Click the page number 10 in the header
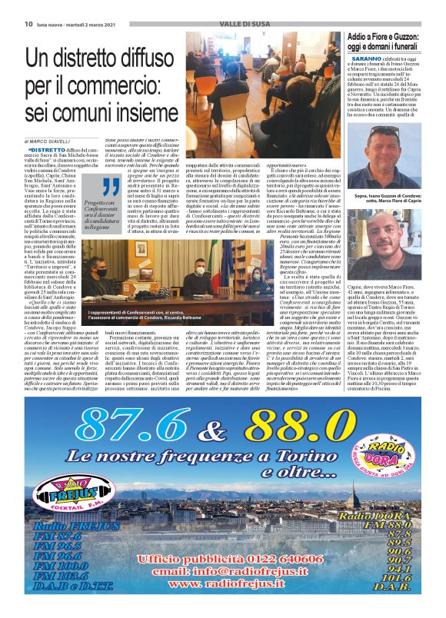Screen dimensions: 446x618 pyautogui.click(x=17, y=25)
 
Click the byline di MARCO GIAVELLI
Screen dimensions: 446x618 pyautogui.click(x=54, y=141)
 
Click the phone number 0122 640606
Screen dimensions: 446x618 pyautogui.click(x=259, y=559)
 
